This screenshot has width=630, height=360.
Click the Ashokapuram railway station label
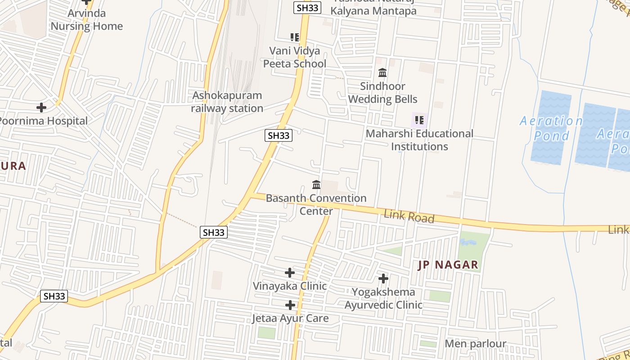227,102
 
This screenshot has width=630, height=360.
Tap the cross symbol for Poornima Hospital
41,108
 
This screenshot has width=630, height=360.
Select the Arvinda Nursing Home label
86,20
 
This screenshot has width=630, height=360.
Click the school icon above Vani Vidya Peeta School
295,37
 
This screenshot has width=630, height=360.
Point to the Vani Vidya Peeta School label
294,57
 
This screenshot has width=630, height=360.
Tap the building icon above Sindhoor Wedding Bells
382,72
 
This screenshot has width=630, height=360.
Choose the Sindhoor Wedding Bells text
382,93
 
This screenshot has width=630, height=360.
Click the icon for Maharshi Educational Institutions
419,120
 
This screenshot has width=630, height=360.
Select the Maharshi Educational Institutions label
419,140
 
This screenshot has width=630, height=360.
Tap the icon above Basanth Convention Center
316,184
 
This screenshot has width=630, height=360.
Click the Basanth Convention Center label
316,204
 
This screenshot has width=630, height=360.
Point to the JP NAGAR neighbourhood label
448,265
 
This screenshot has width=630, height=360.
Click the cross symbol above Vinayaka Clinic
290,273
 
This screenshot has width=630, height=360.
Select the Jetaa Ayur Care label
290,319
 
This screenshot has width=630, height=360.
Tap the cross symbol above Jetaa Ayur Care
290,306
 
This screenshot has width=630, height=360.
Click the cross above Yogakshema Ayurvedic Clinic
383,279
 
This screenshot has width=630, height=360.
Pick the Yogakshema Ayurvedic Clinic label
383,298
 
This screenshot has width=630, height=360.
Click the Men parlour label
475,344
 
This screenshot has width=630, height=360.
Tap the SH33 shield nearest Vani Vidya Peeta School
307,8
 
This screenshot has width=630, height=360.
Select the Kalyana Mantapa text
373,11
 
